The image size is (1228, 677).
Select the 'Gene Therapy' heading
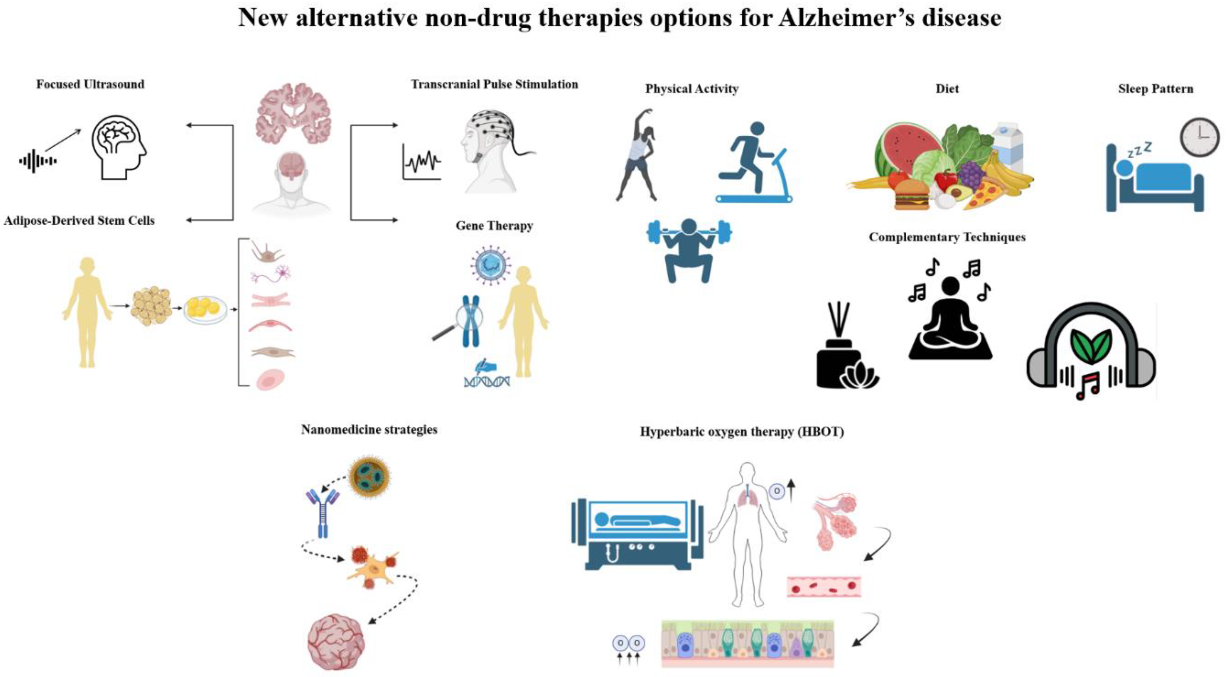(x=494, y=226)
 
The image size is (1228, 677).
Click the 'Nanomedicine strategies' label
(x=369, y=429)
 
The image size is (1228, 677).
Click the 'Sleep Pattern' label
(x=1156, y=89)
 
